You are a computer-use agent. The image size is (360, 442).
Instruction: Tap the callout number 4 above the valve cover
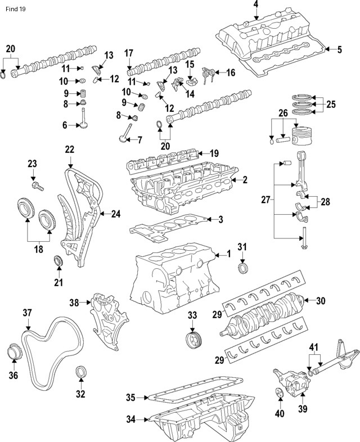256,5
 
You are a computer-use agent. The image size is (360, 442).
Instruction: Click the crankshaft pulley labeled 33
193,341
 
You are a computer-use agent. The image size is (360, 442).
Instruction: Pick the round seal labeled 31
242,267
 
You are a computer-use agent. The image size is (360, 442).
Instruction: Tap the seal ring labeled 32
81,373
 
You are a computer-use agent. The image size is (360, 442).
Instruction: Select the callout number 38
74,302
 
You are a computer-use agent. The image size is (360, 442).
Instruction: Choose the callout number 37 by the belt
27,313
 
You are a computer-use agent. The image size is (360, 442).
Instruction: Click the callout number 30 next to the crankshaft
321,301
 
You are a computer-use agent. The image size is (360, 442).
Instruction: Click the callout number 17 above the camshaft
129,54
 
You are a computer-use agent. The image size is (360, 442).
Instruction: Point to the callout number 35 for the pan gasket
130,398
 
